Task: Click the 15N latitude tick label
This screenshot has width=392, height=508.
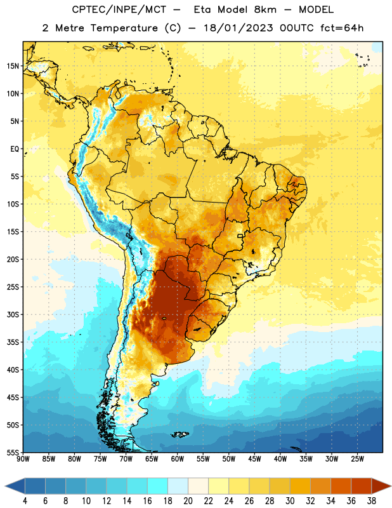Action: (13, 66)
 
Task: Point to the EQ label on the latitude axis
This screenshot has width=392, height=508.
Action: (15, 149)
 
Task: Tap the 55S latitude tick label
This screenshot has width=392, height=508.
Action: (13, 452)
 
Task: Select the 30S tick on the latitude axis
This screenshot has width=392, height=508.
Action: (13, 314)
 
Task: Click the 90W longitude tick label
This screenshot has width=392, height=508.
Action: (23, 459)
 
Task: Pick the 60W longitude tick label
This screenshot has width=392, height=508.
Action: (178, 459)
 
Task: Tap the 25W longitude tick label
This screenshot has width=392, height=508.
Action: (357, 459)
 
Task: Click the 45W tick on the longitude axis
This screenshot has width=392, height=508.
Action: (255, 459)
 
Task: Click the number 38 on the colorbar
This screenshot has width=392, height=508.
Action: (372, 501)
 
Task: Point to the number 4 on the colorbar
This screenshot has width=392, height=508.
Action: (25, 501)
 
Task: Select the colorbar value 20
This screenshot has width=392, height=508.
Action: (188, 501)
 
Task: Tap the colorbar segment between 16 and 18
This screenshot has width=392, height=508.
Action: (158, 486)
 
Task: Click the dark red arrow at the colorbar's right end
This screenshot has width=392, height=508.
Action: (381, 486)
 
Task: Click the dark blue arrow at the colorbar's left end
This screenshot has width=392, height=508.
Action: (15, 486)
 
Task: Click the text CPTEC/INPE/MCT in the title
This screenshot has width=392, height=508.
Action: (119, 10)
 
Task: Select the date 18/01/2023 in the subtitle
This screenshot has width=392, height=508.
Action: (238, 28)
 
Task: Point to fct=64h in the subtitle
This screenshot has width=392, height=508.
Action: (342, 28)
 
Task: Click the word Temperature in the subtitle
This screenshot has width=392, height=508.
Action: (124, 28)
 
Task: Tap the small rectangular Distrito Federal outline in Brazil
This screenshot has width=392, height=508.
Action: (240, 236)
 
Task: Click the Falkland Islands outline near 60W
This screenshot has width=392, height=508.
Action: (180, 434)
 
